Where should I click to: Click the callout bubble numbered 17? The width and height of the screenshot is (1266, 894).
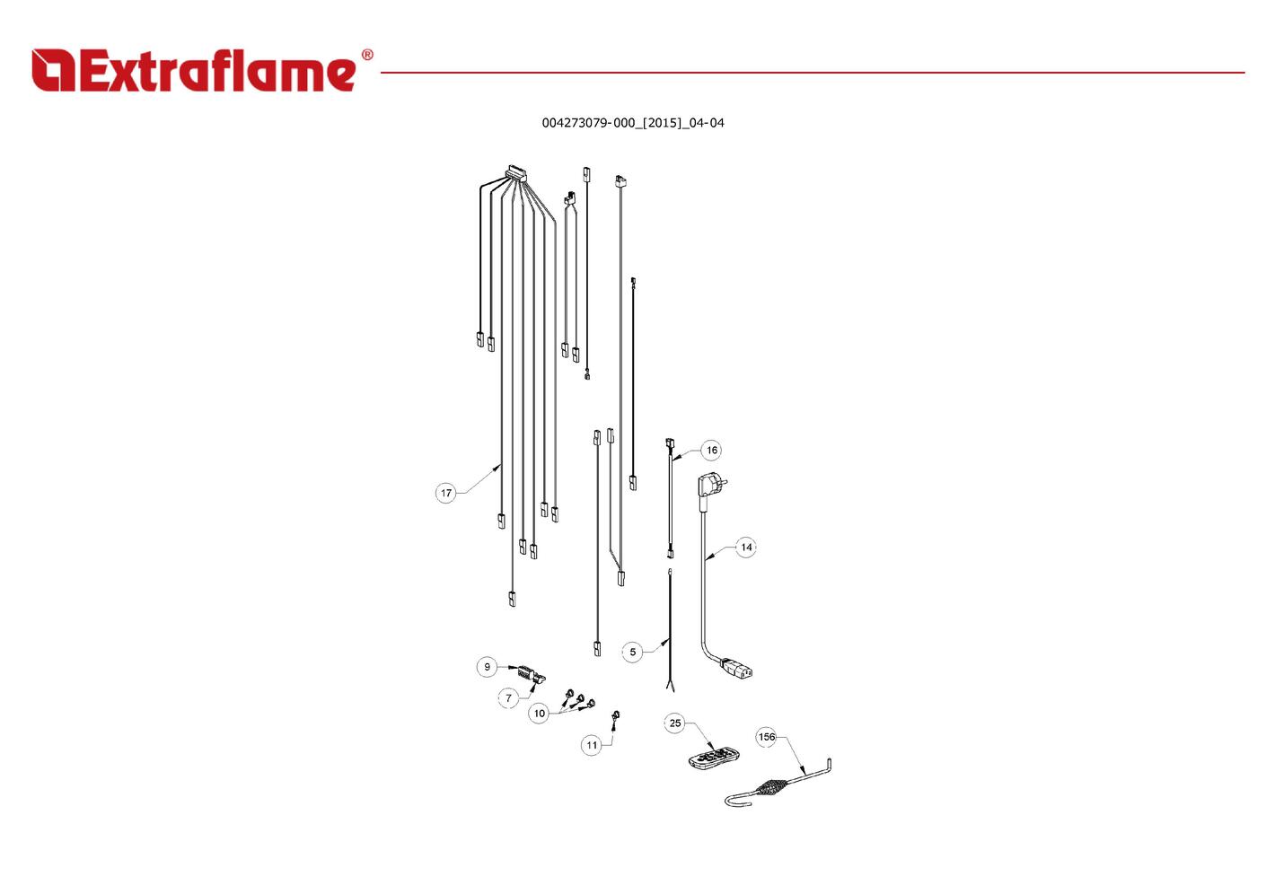click(x=446, y=493)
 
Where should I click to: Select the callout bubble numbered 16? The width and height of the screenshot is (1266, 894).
click(x=711, y=451)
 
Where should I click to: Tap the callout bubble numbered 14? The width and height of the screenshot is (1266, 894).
click(x=746, y=547)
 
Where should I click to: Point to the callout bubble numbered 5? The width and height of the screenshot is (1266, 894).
click(x=632, y=652)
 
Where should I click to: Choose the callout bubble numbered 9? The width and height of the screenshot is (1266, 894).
click(x=488, y=667)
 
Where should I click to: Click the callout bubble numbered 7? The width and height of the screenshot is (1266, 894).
click(x=509, y=698)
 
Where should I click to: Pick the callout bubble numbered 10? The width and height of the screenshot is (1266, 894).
click(x=540, y=714)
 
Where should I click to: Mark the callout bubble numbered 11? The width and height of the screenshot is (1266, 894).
click(x=592, y=745)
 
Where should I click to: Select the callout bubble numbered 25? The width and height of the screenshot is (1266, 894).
click(x=675, y=723)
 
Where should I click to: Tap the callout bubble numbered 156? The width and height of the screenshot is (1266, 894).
click(x=767, y=737)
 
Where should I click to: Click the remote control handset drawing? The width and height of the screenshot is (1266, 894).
click(x=715, y=758)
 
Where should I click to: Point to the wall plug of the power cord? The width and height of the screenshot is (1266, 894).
click(x=711, y=485)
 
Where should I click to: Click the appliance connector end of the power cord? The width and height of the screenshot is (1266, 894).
click(x=736, y=669)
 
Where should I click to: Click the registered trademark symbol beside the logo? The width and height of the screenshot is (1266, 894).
click(x=367, y=55)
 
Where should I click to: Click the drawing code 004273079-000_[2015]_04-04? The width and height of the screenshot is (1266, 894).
click(x=633, y=123)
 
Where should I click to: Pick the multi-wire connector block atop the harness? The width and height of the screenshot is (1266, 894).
click(x=516, y=172)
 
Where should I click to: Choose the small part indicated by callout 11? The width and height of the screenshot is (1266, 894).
click(x=615, y=715)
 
